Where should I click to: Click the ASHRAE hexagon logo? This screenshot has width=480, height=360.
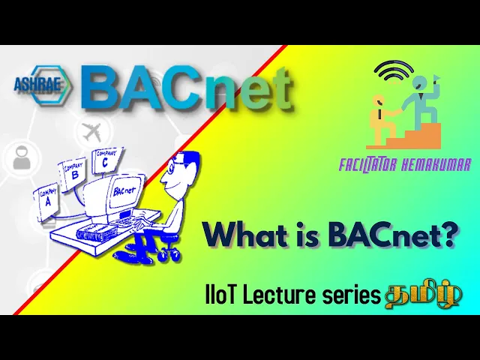42,85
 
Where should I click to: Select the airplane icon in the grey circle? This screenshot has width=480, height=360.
92,132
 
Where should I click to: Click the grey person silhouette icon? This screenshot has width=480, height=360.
22,158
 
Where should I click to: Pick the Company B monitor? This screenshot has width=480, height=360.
72,174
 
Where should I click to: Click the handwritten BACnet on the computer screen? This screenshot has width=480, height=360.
124,191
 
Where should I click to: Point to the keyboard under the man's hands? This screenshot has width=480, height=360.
128,220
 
